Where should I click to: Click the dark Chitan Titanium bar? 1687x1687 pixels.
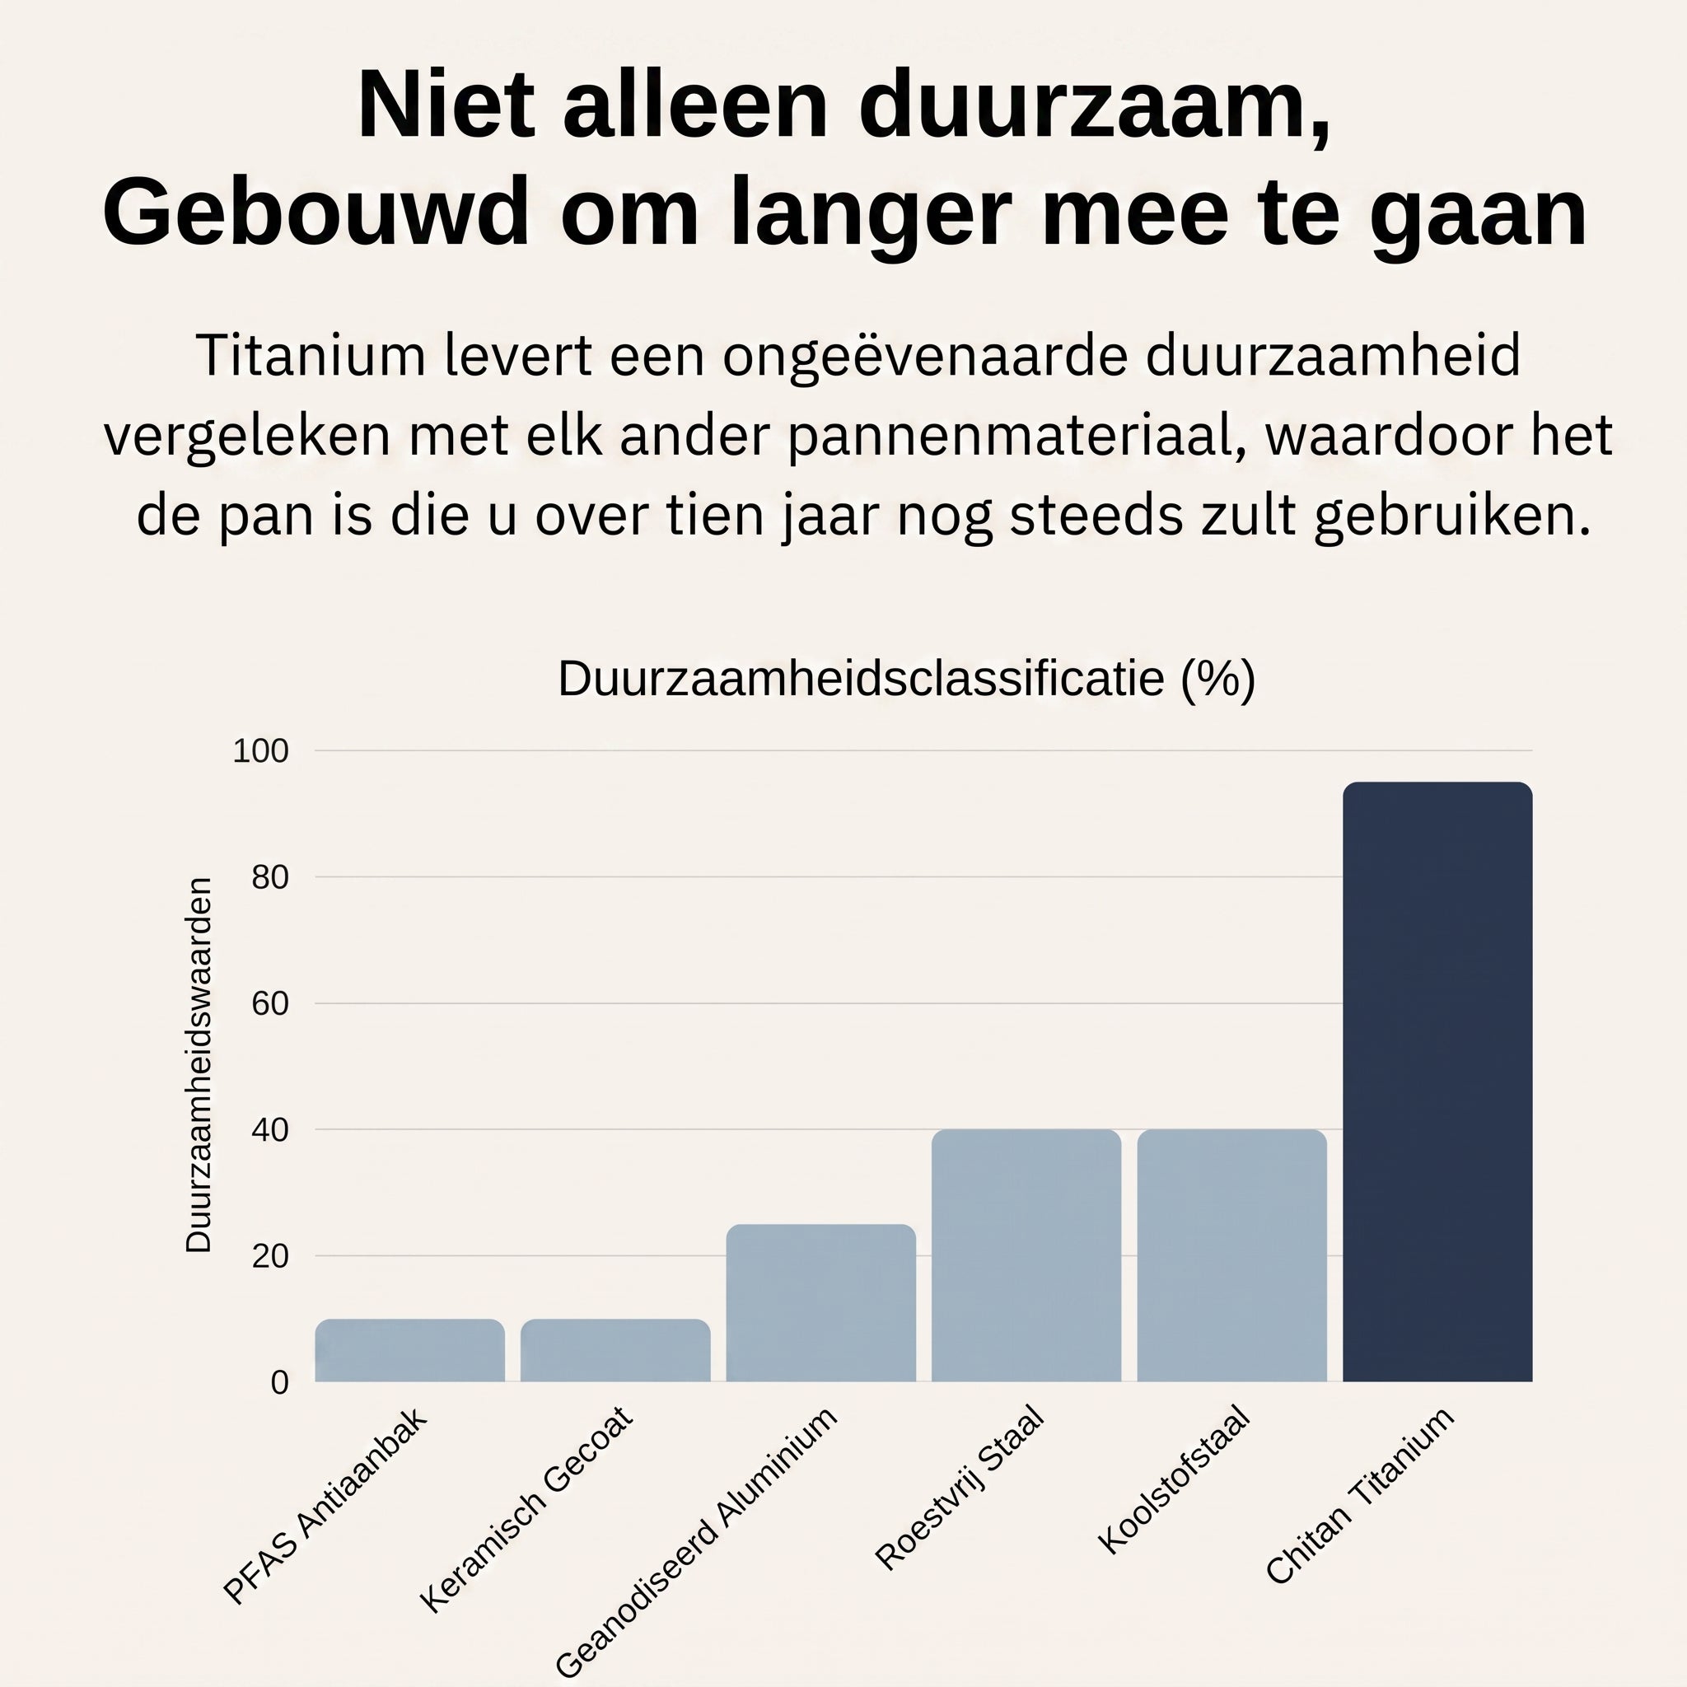pyautogui.click(x=1437, y=1082)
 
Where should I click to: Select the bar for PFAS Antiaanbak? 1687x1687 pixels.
pyautogui.click(x=409, y=1350)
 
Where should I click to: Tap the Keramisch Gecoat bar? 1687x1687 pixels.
pyautogui.click(x=615, y=1350)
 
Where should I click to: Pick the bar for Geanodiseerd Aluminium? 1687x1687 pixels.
pyautogui.click(x=820, y=1303)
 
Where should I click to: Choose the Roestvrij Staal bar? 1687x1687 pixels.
pyautogui.click(x=1026, y=1255)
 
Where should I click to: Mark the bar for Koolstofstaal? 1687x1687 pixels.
pyautogui.click(x=1232, y=1255)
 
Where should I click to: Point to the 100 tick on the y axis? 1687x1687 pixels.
pyautogui.click(x=260, y=751)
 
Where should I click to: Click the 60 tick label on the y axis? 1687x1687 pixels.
pyautogui.click(x=270, y=1003)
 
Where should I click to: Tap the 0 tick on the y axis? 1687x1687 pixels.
pyautogui.click(x=279, y=1382)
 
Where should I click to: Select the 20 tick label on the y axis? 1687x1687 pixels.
pyautogui.click(x=270, y=1256)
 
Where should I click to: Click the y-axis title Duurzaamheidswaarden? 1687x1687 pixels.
pyautogui.click(x=199, y=1066)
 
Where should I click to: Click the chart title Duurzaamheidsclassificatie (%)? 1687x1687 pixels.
pyautogui.click(x=906, y=679)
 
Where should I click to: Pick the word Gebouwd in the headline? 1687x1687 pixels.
pyautogui.click(x=316, y=213)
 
